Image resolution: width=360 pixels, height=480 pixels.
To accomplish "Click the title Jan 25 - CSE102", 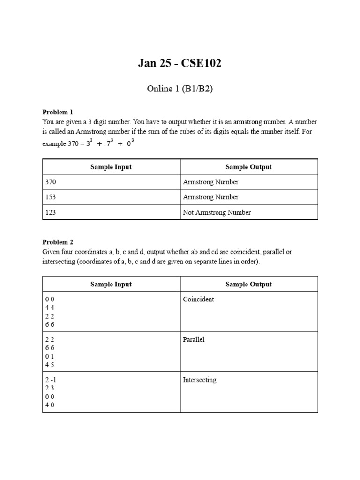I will (180, 63).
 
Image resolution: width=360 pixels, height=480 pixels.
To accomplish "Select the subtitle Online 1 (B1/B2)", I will (180, 89).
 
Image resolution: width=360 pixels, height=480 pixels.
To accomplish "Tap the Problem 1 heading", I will (58, 112).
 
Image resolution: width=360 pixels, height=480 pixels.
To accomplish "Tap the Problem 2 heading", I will (58, 242).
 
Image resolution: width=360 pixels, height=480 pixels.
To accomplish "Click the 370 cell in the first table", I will (51, 182).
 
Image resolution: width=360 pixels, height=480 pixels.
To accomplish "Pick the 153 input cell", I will (51, 197).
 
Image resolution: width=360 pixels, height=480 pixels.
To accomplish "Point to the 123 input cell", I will (51, 212).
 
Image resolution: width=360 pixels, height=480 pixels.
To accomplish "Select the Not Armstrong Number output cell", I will (217, 212).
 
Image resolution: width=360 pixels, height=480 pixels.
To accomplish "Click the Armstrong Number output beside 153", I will (210, 197).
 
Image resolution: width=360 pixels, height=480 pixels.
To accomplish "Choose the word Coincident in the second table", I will (198, 299).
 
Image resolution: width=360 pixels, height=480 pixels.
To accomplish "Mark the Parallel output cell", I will (194, 339).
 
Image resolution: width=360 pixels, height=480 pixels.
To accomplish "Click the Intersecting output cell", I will (199, 380).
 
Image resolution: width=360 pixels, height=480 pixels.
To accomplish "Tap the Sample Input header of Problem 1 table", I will (111, 167).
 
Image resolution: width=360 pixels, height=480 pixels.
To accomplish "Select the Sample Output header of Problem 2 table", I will (248, 284).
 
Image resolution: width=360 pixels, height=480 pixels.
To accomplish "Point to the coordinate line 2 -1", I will (51, 380).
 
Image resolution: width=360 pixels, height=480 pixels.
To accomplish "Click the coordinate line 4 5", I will (50, 365).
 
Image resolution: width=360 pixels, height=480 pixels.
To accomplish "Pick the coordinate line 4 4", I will (50, 307).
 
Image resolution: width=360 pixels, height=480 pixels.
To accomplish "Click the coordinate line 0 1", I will (50, 356).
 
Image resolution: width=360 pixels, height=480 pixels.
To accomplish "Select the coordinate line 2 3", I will (50, 388).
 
